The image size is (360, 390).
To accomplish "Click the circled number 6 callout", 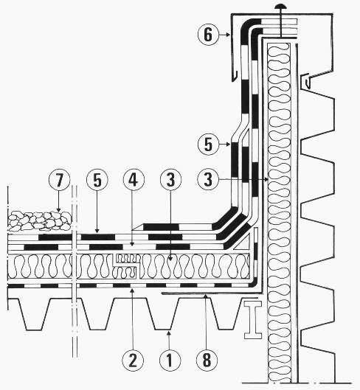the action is [208, 35].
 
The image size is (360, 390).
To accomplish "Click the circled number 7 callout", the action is [59, 180].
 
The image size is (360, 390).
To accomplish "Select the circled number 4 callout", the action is [134, 180].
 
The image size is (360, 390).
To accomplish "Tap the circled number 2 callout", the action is [133, 360].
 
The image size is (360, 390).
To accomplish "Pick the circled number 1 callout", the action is [170, 360].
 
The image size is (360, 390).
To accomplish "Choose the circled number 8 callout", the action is [207, 360].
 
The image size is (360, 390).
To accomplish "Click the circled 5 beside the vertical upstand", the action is [208, 144].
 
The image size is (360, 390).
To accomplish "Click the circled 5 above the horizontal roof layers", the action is [97, 180].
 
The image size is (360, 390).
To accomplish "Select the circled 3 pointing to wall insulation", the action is [208, 179].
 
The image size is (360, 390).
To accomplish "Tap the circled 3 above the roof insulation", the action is [170, 180].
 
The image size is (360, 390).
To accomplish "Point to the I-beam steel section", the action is [253, 320].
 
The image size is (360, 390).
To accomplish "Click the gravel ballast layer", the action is [39, 221].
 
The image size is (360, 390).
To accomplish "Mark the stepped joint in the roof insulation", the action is [127, 265].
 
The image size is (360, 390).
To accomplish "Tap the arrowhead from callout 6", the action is [228, 35].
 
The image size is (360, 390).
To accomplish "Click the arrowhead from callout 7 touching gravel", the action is [59, 209].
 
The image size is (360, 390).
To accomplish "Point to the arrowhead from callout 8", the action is [206, 296].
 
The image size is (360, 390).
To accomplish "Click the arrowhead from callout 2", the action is [133, 290].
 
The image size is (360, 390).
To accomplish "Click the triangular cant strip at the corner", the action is [243, 243].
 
